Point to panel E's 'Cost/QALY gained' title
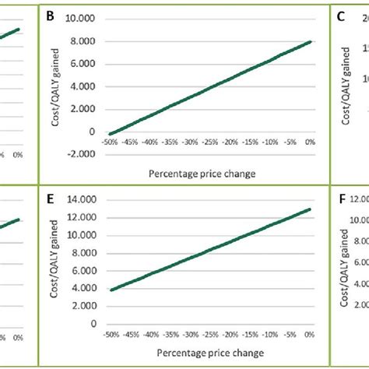coord(55,261)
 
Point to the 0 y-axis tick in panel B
coord(90,132)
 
